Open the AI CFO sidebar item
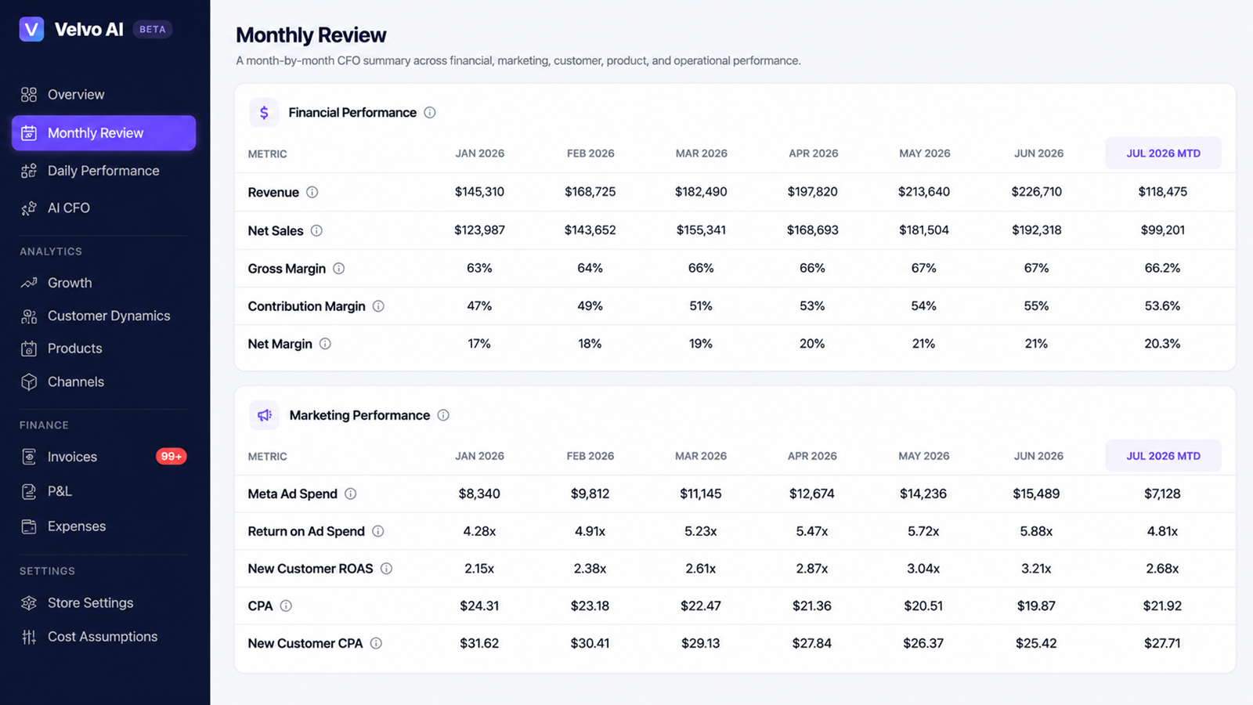(x=68, y=208)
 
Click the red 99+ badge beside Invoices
(x=172, y=457)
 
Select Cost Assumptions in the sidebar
(x=103, y=637)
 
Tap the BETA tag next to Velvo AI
(x=152, y=29)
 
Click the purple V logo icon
(x=31, y=29)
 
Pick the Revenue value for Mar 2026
(x=701, y=192)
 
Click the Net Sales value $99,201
(x=1162, y=230)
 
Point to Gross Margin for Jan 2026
(x=479, y=268)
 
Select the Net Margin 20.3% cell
(x=1162, y=344)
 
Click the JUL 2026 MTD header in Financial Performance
(x=1163, y=154)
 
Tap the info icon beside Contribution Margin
(x=378, y=306)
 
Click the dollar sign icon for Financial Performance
(x=264, y=113)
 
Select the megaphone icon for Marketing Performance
(x=264, y=415)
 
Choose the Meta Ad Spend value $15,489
(x=1036, y=493)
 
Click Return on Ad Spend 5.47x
(x=811, y=531)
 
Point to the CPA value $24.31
(x=479, y=606)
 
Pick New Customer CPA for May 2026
(x=923, y=643)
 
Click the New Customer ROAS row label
(x=310, y=569)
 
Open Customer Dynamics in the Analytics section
(x=109, y=316)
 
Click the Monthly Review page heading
(x=311, y=34)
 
